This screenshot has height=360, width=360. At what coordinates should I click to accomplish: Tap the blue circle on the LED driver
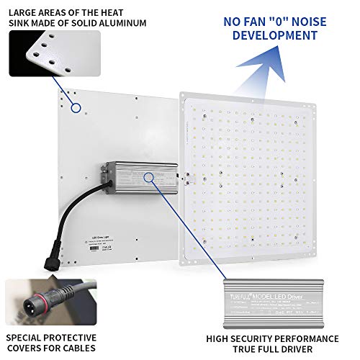[x=150, y=177]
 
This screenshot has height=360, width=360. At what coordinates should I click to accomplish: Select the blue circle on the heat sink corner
[x=75, y=108]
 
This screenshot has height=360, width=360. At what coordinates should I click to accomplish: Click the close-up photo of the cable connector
[x=43, y=300]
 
